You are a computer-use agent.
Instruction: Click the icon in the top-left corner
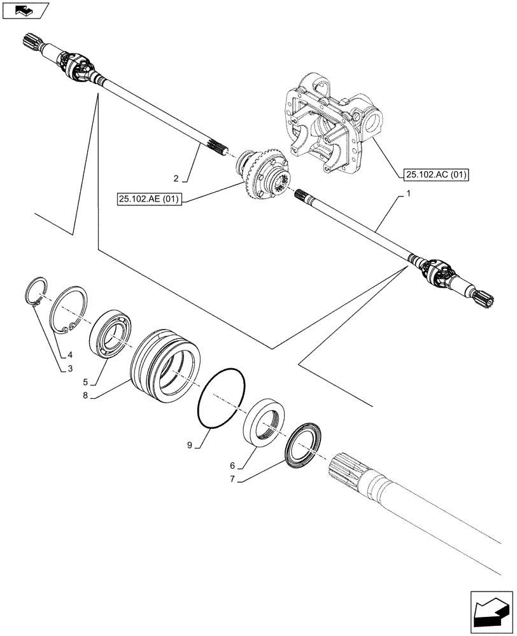click(25, 10)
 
